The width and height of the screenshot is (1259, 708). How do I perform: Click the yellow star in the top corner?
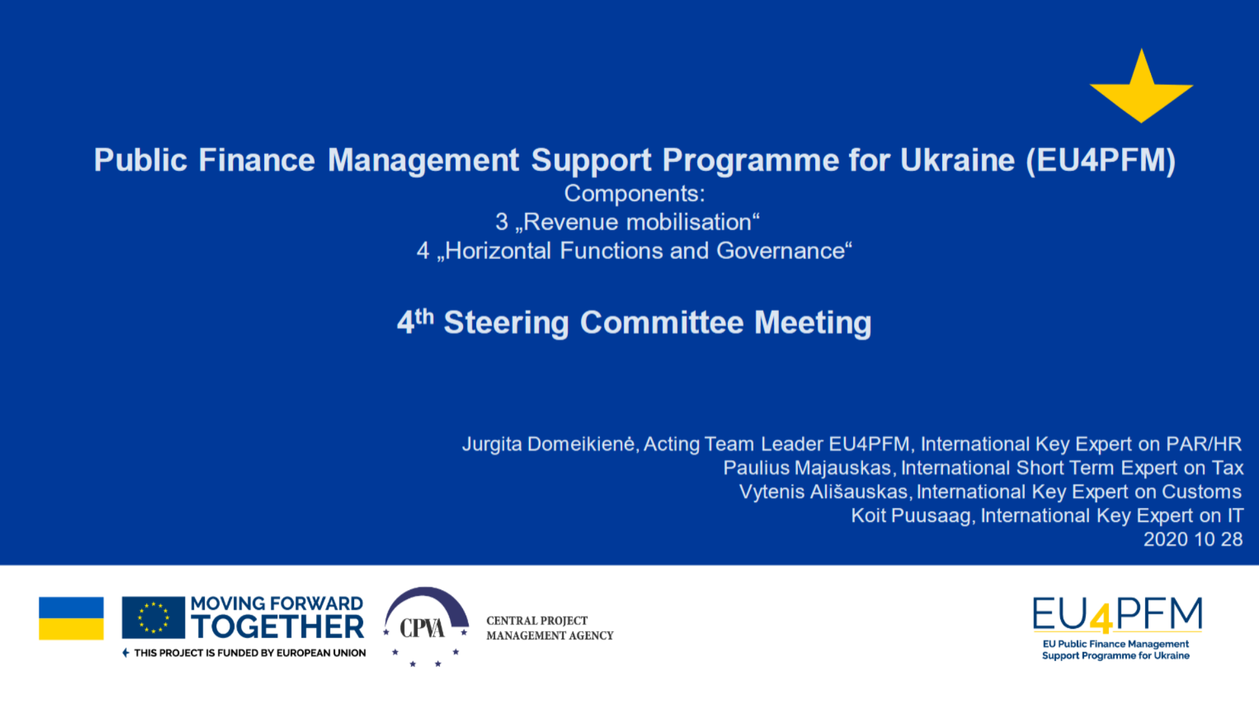1142,88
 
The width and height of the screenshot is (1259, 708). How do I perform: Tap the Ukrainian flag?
71,618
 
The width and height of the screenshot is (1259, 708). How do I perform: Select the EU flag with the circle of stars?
153,618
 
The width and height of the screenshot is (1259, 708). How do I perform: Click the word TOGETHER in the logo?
277,627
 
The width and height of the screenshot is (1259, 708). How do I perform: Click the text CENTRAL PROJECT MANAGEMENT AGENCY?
550,628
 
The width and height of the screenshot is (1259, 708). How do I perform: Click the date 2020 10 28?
1193,539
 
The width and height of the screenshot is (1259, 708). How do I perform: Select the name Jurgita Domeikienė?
548,444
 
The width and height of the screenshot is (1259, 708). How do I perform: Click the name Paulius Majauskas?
807,468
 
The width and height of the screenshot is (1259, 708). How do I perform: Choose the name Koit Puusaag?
911,516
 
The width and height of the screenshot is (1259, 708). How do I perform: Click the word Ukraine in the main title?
957,160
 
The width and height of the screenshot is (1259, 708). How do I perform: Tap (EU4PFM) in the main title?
1101,161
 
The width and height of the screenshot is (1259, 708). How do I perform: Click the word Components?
635,194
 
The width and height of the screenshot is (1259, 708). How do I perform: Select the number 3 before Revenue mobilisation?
502,222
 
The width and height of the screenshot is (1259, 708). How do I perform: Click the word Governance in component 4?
781,250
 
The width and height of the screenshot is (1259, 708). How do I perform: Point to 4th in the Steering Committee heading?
416,321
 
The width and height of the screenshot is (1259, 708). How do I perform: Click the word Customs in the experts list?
1202,492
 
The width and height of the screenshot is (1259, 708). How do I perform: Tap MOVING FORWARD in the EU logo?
277,604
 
